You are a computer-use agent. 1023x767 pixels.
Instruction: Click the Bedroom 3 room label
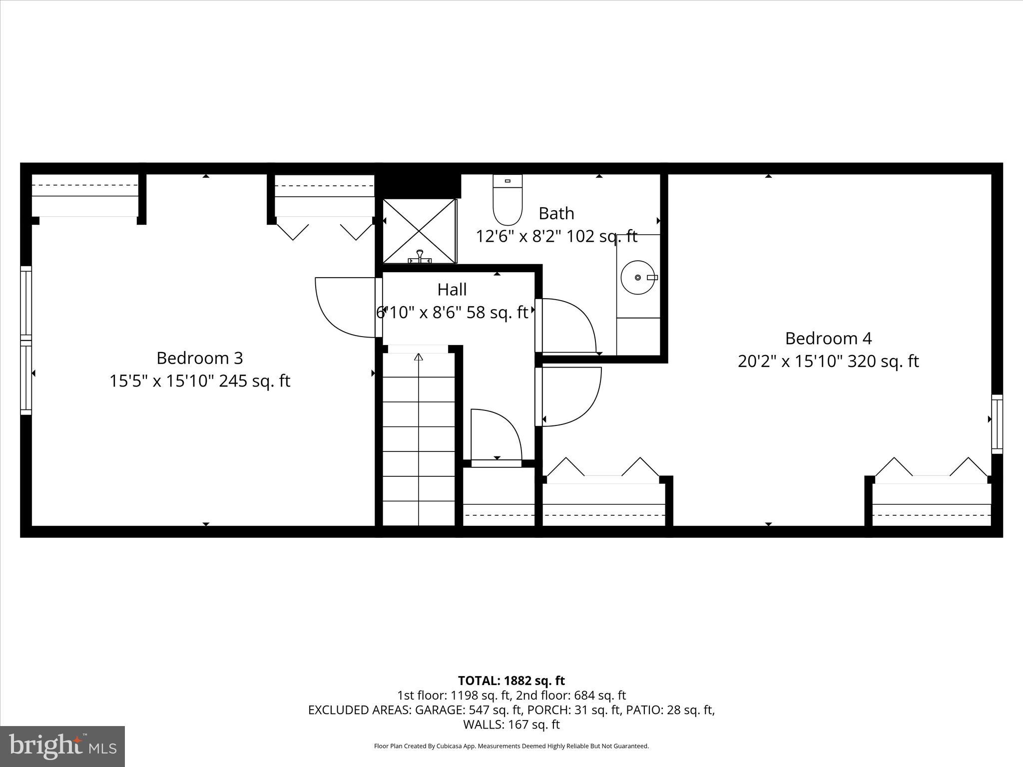(199, 358)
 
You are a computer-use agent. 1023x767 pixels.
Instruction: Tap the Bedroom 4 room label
(828, 339)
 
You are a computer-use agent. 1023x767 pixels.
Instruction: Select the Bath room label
(556, 214)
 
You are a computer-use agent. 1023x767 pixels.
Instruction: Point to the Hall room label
(452, 290)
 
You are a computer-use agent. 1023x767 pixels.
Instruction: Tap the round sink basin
(637, 277)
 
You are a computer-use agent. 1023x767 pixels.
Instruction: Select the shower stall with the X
(419, 231)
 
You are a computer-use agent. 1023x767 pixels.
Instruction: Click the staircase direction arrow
(419, 358)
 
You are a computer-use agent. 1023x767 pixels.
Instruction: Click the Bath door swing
(567, 325)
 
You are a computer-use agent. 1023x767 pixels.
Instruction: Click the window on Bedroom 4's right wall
(997, 424)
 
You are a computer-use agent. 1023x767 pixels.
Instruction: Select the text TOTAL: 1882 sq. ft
(511, 681)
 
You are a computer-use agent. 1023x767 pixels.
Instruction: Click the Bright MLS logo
(62, 747)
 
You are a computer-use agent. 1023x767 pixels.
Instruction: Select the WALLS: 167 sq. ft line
(511, 724)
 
